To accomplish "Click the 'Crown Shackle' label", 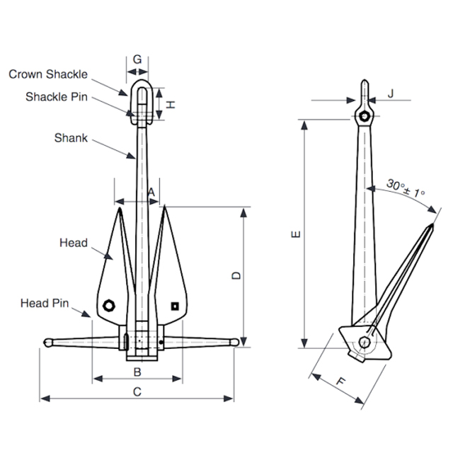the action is [x=48, y=74].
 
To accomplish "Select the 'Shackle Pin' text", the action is [x=57, y=97].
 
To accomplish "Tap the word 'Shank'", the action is [x=71, y=138].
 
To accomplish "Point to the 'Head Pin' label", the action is [x=45, y=303].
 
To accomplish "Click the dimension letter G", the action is [x=137, y=59].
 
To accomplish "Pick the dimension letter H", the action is [x=171, y=104].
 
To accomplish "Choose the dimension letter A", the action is [x=151, y=192].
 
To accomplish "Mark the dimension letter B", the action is [x=137, y=372].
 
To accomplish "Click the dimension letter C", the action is [x=137, y=391].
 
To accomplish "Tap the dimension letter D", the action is [x=236, y=275].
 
